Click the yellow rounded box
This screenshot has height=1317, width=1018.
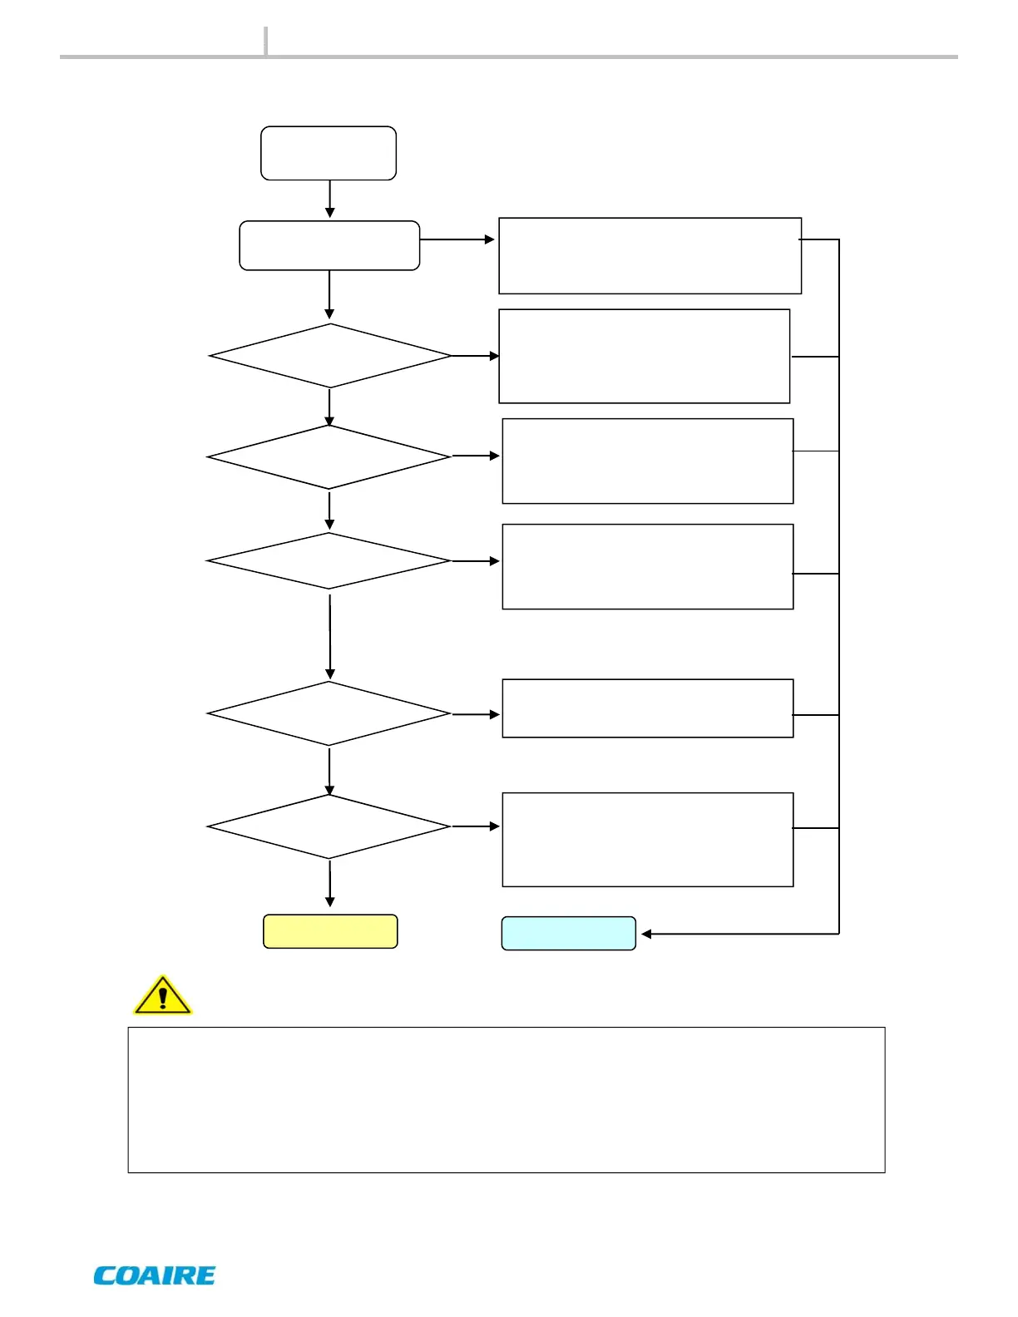click(330, 931)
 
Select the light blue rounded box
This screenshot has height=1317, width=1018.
click(568, 934)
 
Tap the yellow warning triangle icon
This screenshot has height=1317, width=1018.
click(162, 995)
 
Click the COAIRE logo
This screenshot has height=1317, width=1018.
click(155, 1275)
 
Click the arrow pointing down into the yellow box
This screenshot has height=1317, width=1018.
click(330, 883)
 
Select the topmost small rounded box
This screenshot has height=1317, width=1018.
click(329, 153)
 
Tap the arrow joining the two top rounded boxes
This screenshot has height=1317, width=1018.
click(329, 200)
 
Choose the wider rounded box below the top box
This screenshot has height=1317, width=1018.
click(329, 245)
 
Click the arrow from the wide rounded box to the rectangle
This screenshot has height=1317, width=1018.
click(457, 239)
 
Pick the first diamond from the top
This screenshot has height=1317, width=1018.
click(330, 356)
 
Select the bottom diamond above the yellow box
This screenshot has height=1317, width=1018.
click(329, 826)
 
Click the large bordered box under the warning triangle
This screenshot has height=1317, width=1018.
click(506, 1099)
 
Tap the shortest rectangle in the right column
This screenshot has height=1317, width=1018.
click(648, 708)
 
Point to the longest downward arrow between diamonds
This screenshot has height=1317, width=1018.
click(330, 636)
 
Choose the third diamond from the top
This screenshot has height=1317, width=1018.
click(329, 561)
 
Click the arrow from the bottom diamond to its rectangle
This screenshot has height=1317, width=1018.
click(476, 826)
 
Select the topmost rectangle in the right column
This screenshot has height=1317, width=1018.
click(650, 256)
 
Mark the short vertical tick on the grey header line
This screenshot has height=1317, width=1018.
click(266, 41)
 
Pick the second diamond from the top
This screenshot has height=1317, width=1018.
click(329, 456)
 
